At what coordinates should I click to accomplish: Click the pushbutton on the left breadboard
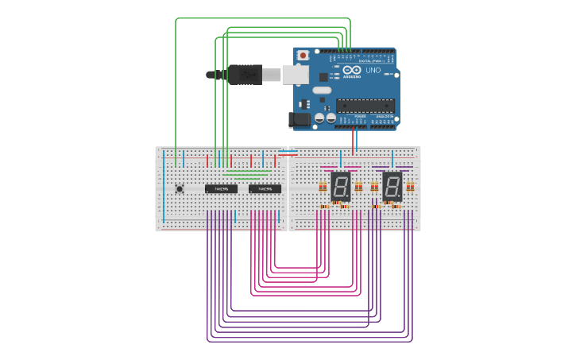(180, 188)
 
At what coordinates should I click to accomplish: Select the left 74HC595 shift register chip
(221, 189)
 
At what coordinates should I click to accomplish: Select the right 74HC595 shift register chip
(265, 189)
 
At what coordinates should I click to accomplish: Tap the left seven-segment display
(340, 186)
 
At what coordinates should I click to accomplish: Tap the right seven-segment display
(392, 186)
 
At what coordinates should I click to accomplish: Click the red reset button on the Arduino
(303, 55)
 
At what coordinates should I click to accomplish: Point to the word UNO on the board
(373, 71)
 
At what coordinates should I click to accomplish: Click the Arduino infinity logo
(353, 71)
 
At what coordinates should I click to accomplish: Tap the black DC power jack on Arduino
(300, 119)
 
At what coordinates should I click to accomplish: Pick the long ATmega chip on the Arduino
(365, 105)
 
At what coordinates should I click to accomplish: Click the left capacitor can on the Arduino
(319, 118)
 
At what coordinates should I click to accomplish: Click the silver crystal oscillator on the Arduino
(321, 90)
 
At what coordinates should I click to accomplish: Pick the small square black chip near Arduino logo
(323, 77)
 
